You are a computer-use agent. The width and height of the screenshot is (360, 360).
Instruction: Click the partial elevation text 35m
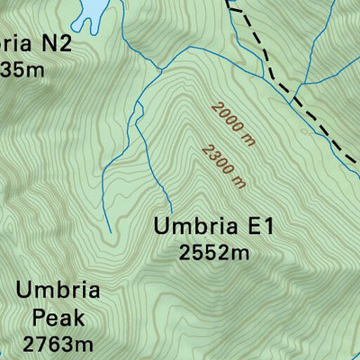point(22,69)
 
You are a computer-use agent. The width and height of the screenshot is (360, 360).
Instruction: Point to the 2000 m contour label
point(233,121)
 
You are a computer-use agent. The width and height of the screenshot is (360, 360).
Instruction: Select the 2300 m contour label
point(224,166)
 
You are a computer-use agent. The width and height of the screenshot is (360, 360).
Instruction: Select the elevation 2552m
point(213,253)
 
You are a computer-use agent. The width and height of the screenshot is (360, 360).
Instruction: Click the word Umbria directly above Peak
point(57,292)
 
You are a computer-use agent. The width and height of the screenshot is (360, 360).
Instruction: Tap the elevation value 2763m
point(58,344)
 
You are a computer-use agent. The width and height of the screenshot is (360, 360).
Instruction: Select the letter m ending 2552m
point(239,253)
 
